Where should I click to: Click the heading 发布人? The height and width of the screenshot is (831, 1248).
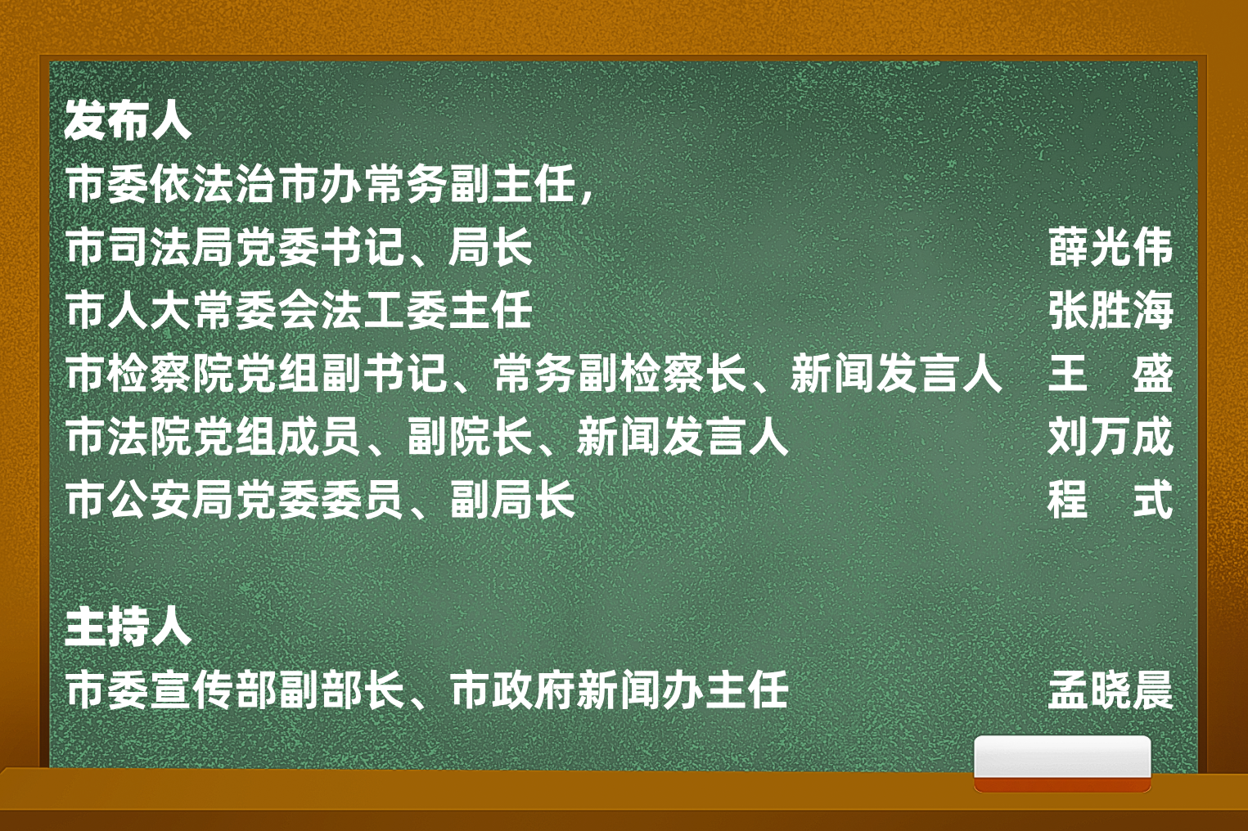(128, 121)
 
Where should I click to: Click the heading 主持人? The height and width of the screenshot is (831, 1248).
(128, 627)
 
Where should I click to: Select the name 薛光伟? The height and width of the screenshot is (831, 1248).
(1111, 247)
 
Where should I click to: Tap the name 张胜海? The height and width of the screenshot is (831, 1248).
(1111, 310)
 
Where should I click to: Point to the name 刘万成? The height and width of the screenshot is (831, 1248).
(1111, 437)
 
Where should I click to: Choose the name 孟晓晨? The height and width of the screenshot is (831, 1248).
(1111, 690)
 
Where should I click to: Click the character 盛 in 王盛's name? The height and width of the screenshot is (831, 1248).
(1153, 373)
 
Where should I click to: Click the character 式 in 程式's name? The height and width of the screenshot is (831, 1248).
(1153, 500)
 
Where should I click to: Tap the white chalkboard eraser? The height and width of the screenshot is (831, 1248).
(1062, 763)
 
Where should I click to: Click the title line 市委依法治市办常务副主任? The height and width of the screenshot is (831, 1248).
(321, 184)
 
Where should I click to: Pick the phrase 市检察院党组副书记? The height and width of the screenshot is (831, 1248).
(257, 373)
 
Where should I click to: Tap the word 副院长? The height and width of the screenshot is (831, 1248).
(471, 437)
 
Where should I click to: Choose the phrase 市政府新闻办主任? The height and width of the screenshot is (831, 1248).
(619, 690)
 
